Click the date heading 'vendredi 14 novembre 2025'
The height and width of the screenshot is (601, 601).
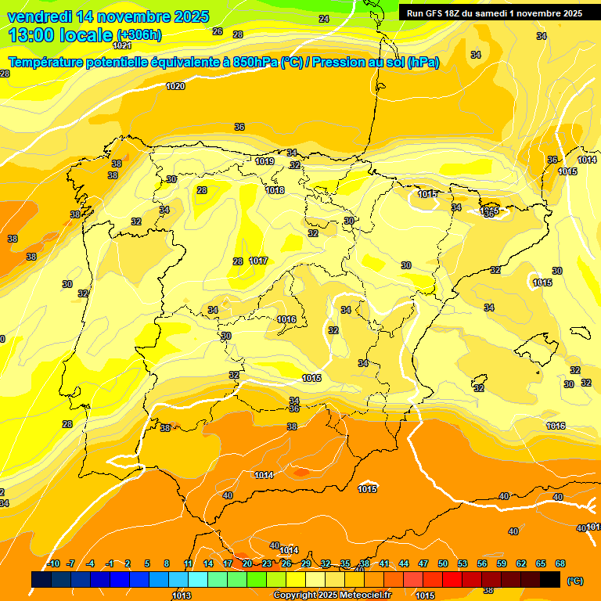(108, 16)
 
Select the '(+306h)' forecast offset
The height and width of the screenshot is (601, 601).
(139, 35)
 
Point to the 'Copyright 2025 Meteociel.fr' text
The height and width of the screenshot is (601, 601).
(332, 595)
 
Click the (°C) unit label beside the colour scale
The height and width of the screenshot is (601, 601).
(574, 581)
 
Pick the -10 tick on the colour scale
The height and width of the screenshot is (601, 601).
(53, 563)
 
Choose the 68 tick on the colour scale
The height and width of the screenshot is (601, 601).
(560, 563)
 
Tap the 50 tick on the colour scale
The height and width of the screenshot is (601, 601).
(443, 563)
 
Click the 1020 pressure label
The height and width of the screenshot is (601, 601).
(175, 86)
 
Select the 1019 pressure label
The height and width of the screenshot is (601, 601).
(265, 161)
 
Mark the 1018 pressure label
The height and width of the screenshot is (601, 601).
(275, 190)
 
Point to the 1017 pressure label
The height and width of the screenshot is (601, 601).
(259, 261)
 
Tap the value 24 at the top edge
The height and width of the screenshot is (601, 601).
(324, 18)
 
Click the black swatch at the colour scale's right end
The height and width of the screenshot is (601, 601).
(550, 579)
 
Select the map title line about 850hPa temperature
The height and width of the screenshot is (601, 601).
(223, 63)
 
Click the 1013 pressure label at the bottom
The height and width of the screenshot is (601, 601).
(182, 596)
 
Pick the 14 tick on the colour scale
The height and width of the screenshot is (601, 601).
(208, 563)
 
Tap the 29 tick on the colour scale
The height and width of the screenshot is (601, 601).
(306, 563)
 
